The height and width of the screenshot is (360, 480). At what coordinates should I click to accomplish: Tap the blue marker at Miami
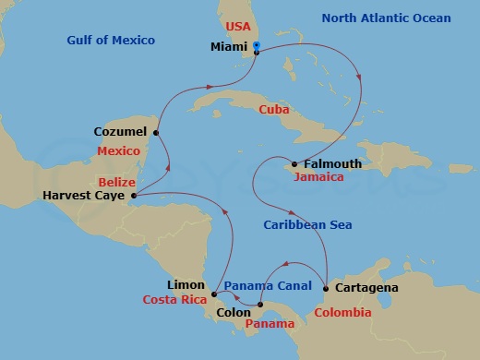(x=256, y=45)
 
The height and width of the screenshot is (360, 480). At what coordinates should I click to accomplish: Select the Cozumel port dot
(x=156, y=132)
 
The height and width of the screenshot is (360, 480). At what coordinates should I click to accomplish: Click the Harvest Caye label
(x=85, y=196)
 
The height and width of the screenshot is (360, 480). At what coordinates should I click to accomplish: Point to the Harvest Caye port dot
(x=134, y=195)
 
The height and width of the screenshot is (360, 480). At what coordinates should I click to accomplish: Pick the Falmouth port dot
(x=294, y=164)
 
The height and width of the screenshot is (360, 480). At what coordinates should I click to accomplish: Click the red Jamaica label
(x=318, y=176)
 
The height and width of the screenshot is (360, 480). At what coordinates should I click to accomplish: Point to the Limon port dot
(x=214, y=295)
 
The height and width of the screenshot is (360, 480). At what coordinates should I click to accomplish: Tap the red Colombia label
(x=342, y=313)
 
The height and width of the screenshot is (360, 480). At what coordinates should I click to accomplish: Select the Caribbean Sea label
(x=307, y=224)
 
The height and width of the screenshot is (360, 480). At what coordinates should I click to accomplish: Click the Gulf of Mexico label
(x=111, y=41)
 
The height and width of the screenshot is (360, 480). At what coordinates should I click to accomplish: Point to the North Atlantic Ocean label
(x=386, y=18)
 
